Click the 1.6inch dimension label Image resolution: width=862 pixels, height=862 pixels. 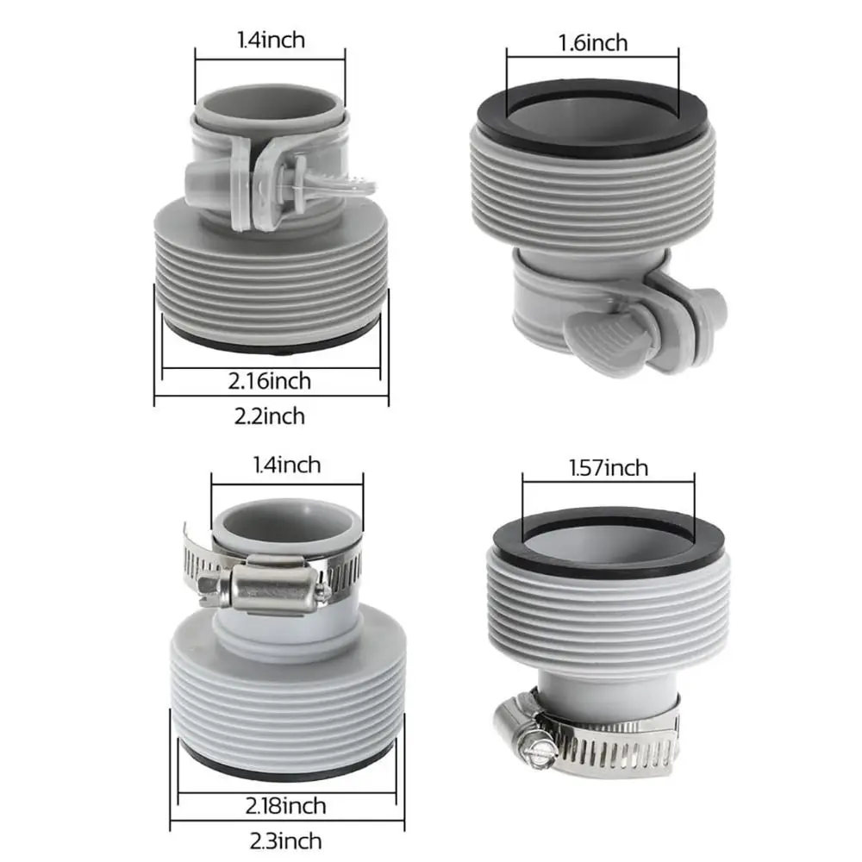pyautogui.click(x=593, y=43)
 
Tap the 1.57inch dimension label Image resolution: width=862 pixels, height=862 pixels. pyautogui.click(x=608, y=468)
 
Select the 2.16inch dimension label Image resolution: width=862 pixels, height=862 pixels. pyautogui.click(x=269, y=381)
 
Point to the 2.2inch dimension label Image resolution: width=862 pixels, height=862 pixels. pyautogui.click(x=269, y=416)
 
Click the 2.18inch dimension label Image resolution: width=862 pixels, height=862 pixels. pyautogui.click(x=286, y=806)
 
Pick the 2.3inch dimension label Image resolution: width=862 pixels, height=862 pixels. pyautogui.click(x=286, y=841)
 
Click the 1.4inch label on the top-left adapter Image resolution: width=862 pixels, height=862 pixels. pyautogui.click(x=271, y=41)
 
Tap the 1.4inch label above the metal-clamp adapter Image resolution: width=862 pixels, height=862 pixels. pyautogui.click(x=286, y=465)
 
